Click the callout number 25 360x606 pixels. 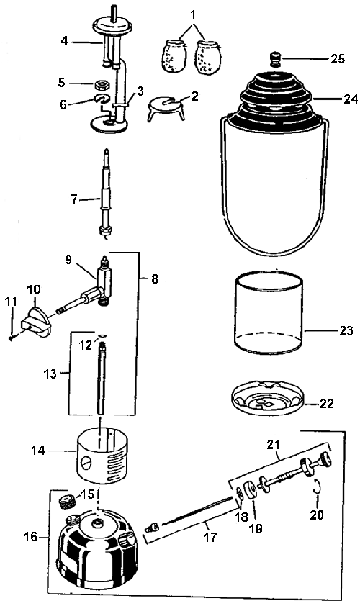[x=337, y=59]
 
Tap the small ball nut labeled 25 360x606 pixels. [x=276, y=59]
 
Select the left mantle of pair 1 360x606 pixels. [x=174, y=56]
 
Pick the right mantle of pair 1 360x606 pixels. [x=208, y=57]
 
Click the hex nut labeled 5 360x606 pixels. [x=102, y=83]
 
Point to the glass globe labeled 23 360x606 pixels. [x=269, y=312]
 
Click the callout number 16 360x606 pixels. [x=31, y=536]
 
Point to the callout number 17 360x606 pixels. [x=210, y=537]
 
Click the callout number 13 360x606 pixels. [x=50, y=374]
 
